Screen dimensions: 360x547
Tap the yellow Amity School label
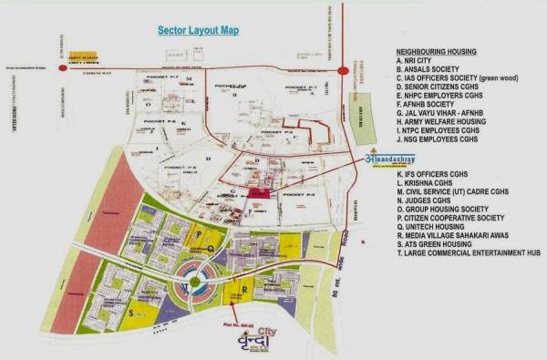(x=83, y=57)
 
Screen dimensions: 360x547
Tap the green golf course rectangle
(x=363, y=131)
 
